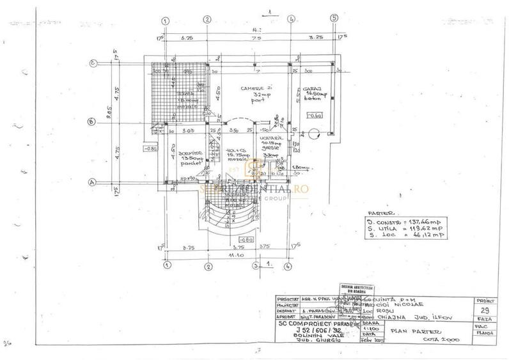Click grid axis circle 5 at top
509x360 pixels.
click(x=333, y=19)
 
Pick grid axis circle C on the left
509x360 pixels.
click(x=93, y=63)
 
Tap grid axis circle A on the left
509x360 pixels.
click(x=92, y=182)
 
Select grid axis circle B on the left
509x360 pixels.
click(x=92, y=122)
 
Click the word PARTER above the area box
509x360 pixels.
click(x=382, y=212)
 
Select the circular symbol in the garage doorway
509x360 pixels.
click(x=313, y=134)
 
